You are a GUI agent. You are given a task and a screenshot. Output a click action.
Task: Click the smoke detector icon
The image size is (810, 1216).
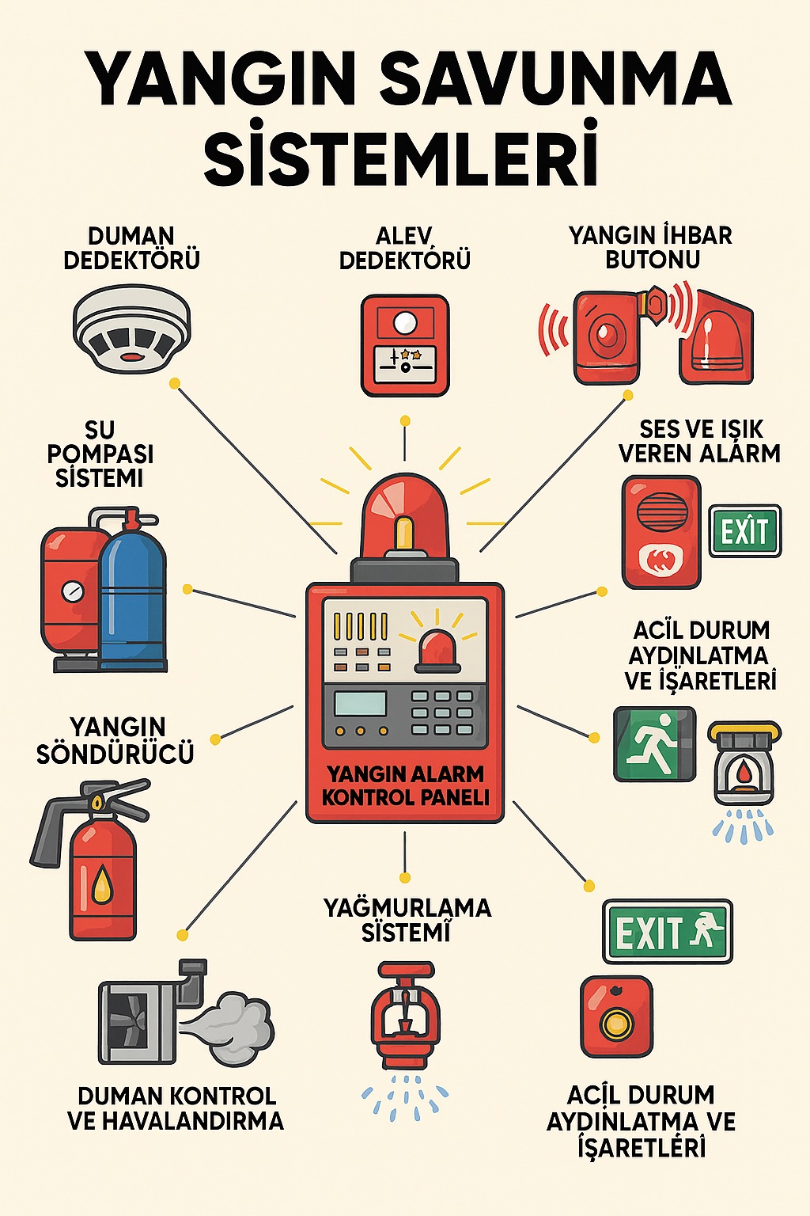pyautogui.click(x=132, y=329)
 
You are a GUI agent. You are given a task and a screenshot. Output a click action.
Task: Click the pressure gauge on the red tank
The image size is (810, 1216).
pyautogui.click(x=73, y=591)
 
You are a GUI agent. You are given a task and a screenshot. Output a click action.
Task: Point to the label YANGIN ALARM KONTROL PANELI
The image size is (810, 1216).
pyautogui.click(x=405, y=785)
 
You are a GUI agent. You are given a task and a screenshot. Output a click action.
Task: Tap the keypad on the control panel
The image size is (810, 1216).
pyautogui.click(x=442, y=712)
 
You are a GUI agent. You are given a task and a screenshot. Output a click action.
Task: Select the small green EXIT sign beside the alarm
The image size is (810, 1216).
pyautogui.click(x=744, y=530)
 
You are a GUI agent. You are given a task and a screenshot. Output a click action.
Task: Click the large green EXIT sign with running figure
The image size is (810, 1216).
pyautogui.click(x=668, y=932)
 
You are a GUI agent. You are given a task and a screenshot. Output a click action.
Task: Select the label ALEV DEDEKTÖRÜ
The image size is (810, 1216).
pyautogui.click(x=404, y=248)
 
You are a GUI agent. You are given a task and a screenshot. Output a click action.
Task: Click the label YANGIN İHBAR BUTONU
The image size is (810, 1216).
pyautogui.click(x=650, y=247)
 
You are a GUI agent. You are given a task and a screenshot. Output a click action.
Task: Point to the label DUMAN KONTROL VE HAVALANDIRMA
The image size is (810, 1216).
pyautogui.click(x=176, y=1108)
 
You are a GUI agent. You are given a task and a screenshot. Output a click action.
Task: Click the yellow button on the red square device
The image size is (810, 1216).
pyautogui.click(x=616, y=1024)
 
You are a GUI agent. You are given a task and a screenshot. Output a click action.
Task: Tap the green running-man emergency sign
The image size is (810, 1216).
pyautogui.click(x=655, y=744)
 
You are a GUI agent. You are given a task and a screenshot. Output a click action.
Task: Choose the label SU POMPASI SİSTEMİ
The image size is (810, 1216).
pyautogui.click(x=100, y=454)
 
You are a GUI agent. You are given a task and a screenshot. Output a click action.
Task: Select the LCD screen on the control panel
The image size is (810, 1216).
pyautogui.click(x=361, y=703)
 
